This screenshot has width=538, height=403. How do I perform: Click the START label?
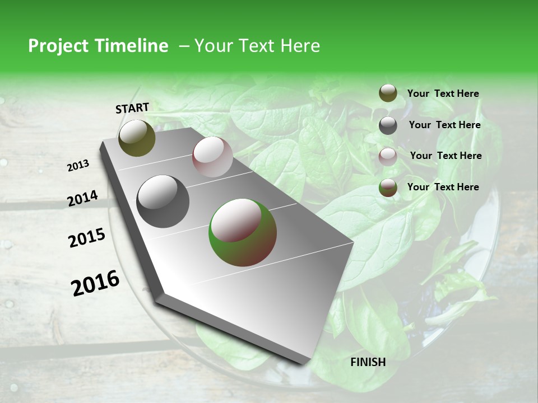tap(132, 107)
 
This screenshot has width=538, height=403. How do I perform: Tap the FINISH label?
tap(368, 362)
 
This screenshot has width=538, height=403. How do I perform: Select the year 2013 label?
tap(78, 166)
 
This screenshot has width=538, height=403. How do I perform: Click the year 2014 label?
tap(82, 199)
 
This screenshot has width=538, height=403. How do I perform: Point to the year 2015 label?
tap(86, 238)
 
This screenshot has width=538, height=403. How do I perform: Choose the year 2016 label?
tap(95, 283)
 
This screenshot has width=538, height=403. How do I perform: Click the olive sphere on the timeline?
tap(137, 138)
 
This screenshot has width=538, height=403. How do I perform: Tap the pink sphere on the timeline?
tap(212, 157)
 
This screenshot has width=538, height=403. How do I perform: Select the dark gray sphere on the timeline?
tap(163, 201)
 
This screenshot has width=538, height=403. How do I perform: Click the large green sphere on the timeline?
tap(243, 232)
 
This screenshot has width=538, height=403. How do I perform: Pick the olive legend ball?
tap(388, 93)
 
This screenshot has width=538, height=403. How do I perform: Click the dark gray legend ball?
tap(388, 125)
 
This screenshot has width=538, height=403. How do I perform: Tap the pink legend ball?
tap(388, 157)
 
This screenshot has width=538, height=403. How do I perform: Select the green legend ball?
tap(388, 188)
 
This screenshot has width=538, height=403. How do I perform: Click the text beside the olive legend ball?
tap(443, 94)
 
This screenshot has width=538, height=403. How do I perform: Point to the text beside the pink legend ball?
tap(446, 156)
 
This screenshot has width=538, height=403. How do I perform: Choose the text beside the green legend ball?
tap(443, 187)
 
